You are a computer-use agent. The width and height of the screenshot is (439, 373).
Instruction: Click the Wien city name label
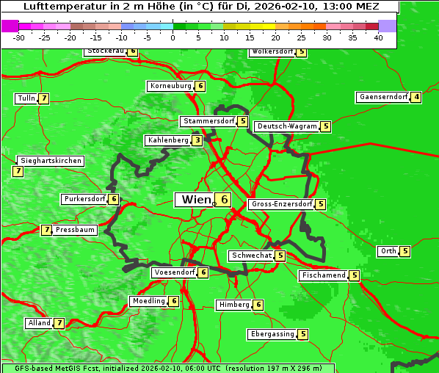click(195, 200)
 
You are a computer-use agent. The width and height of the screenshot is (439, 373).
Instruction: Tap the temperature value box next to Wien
click(223, 200)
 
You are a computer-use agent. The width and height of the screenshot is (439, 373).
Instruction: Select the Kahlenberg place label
click(168, 140)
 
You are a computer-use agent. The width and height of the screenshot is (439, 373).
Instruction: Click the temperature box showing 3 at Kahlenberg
click(197, 140)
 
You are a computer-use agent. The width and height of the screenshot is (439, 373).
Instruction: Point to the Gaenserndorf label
click(382, 97)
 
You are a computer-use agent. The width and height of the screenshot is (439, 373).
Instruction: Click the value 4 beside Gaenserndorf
click(416, 97)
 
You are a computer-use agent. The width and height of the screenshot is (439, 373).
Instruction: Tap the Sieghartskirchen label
click(51, 161)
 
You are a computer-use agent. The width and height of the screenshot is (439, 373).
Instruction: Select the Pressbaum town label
click(76, 230)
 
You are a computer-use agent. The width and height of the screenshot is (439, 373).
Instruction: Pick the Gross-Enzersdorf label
click(282, 204)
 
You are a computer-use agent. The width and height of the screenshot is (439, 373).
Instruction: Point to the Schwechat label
click(250, 256)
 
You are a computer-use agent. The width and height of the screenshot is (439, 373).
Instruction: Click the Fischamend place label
click(323, 275)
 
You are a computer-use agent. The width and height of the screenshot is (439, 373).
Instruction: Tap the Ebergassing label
click(272, 334)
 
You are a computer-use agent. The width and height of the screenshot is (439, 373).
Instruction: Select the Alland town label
click(39, 323)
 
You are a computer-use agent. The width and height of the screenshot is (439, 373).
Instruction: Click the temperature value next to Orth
click(405, 251)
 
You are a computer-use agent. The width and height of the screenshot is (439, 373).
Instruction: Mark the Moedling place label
click(148, 301)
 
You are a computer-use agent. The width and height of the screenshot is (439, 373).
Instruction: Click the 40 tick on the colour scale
click(378, 38)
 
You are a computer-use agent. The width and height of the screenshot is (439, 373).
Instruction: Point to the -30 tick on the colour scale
click(20, 38)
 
